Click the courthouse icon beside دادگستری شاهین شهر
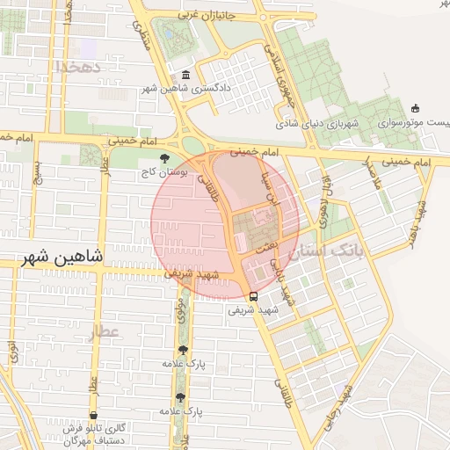(185, 76)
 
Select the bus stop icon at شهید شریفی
(253, 296)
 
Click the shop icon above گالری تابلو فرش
(92, 415)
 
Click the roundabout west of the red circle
(192, 145)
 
